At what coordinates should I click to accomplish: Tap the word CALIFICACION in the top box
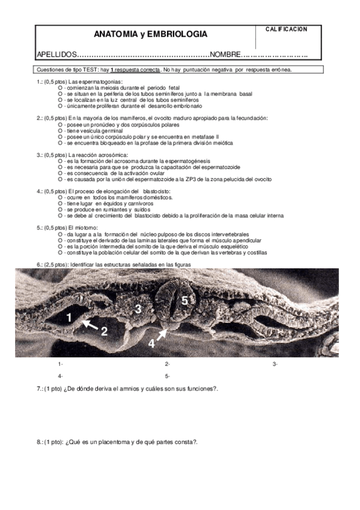tap(286, 29)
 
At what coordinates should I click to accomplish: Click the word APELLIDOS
tap(57, 55)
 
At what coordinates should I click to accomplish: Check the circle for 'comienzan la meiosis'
tap(61, 88)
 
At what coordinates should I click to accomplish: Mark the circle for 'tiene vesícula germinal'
tap(61, 131)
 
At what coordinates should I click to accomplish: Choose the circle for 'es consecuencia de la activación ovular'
tap(61, 173)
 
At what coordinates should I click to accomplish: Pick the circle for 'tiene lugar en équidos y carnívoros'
tap(61, 203)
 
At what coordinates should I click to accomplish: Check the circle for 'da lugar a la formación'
tap(61, 233)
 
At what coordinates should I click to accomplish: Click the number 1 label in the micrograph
tap(70, 317)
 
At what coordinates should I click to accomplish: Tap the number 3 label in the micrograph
tap(138, 309)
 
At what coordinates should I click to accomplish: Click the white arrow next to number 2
tap(90, 325)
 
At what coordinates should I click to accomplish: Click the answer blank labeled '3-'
tap(275, 364)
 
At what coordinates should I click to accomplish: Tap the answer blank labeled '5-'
tap(168, 376)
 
